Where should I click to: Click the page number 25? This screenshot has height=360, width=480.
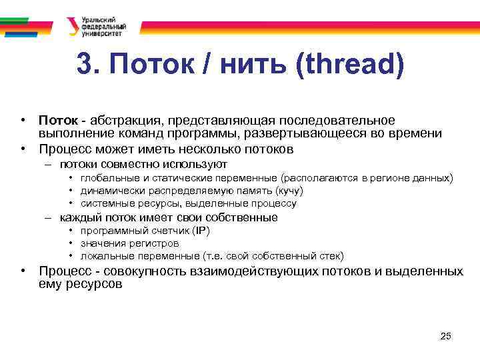pos(446,336)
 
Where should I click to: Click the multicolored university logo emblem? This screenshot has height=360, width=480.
pos(73,26)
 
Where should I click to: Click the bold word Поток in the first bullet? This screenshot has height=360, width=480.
pos(58,120)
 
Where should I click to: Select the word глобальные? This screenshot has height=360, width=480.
pos(109,179)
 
